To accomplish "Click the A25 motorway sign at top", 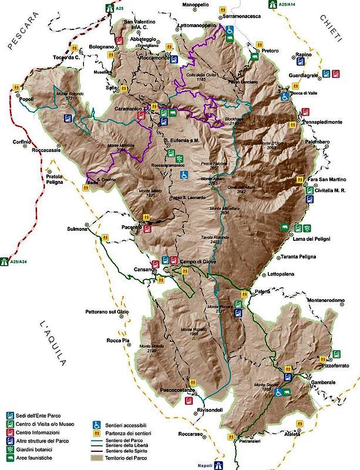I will (x=109, y=8).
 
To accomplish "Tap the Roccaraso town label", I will (x=187, y=436).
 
